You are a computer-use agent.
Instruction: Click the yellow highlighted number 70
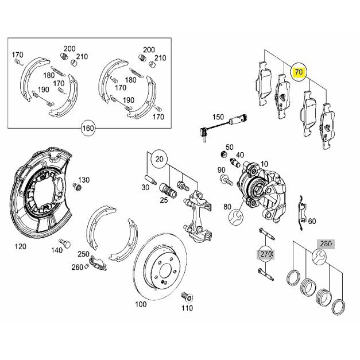(299, 72)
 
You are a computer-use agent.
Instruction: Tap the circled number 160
(88, 127)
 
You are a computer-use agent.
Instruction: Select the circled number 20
(160, 159)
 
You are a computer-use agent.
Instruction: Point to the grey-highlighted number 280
(326, 243)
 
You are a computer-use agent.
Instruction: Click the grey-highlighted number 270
(266, 254)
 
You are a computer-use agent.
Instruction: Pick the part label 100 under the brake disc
(141, 304)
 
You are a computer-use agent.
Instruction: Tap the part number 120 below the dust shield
(21, 246)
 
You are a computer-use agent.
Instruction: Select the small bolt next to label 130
(77, 187)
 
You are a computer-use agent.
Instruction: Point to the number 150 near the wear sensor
(218, 117)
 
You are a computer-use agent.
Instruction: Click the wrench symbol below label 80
(236, 216)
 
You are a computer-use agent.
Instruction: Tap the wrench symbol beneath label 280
(319, 257)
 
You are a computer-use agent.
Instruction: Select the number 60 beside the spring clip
(312, 221)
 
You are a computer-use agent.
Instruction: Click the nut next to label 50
(222, 154)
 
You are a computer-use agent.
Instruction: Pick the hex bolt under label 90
(226, 180)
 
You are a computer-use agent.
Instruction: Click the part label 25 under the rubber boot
(164, 200)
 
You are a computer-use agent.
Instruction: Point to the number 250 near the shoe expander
(83, 254)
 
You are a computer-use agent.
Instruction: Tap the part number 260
(77, 267)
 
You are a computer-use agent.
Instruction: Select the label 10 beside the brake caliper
(264, 164)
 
